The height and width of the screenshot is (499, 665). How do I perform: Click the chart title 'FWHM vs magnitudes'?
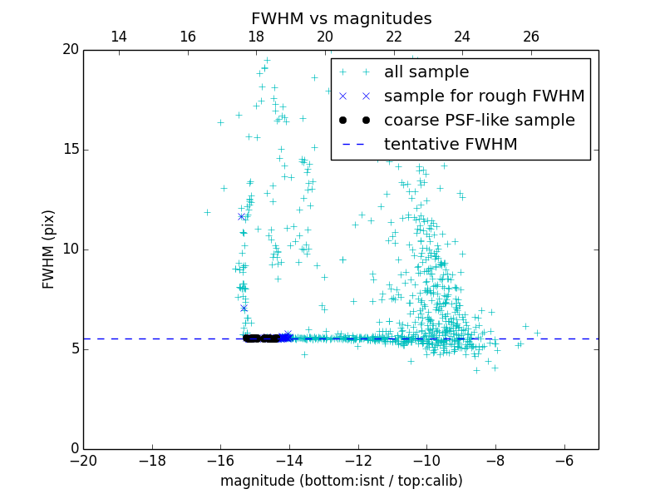click(341, 18)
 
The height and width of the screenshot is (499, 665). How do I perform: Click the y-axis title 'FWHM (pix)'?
click(49, 249)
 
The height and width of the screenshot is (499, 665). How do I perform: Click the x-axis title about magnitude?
click(341, 481)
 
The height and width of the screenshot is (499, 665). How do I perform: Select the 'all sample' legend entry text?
click(426, 72)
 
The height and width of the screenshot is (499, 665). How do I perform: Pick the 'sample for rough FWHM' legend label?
click(484, 96)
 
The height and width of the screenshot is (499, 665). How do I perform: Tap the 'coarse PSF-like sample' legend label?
click(479, 121)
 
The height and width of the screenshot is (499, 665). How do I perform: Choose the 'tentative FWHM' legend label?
click(451, 145)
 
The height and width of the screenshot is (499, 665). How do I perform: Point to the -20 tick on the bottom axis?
click(83, 461)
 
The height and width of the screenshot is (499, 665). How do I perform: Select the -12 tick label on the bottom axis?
click(358, 461)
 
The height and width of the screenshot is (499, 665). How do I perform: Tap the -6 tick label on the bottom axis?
click(564, 461)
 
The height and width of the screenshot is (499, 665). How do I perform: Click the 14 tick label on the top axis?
click(118, 37)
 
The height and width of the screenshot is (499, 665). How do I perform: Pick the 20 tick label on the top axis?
click(325, 37)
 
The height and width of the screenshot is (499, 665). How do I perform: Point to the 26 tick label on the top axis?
click(531, 37)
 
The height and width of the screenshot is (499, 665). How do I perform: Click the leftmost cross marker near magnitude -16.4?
click(207, 212)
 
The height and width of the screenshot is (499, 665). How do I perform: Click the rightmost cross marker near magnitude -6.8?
click(537, 333)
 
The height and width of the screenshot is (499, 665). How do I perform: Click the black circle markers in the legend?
click(354, 121)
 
